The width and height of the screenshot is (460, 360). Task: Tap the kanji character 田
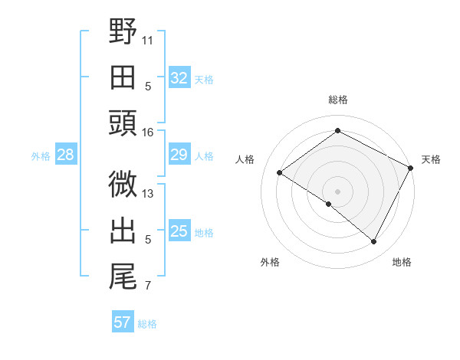point(123,77)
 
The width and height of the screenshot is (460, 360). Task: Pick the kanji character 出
point(123,230)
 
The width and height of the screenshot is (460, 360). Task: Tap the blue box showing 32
point(179,78)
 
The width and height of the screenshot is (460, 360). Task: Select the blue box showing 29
point(179,155)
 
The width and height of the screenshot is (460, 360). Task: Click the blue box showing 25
point(179,231)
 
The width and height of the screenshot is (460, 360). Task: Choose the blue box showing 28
point(66,155)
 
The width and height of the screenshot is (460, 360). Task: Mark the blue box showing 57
point(123,322)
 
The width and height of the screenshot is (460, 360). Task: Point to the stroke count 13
point(148,194)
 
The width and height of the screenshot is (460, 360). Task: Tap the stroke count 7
point(148,286)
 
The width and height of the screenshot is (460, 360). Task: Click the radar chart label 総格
point(337,100)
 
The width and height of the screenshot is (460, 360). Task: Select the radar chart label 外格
point(270,262)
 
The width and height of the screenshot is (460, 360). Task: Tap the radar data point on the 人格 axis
point(280,172)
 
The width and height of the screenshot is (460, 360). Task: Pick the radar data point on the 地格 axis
point(374,242)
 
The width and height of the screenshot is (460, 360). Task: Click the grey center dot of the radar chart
point(337,191)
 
